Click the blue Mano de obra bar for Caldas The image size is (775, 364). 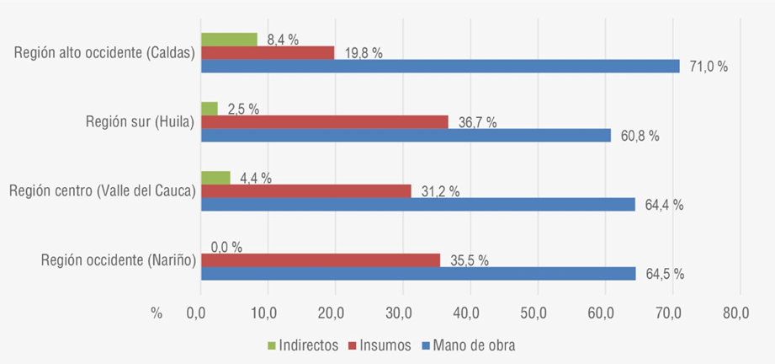(439, 67)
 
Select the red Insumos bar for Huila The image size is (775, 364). (324, 122)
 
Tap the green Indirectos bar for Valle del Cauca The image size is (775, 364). (215, 178)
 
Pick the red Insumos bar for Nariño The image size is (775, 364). (320, 260)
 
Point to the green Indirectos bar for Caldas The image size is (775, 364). (229, 39)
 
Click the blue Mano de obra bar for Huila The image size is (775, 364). (406, 135)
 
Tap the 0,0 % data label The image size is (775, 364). (226, 247)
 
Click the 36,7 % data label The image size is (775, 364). (475, 122)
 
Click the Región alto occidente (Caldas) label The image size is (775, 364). (104, 53)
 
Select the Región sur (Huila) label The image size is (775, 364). (140, 122)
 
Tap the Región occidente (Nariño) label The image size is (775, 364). (118, 260)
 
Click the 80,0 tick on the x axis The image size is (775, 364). (735, 313)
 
